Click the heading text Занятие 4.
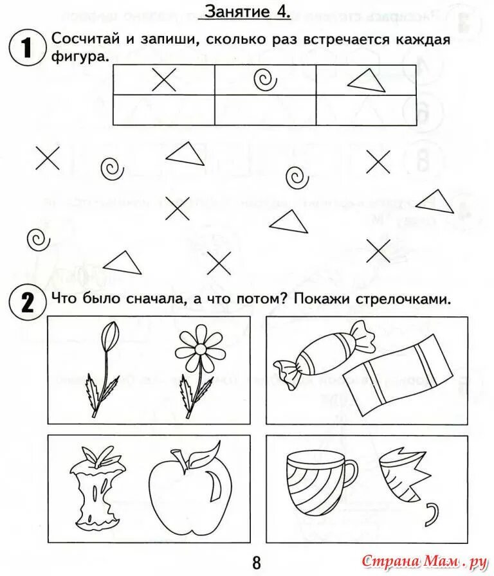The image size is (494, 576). (x=248, y=11)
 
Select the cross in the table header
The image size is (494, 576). (x=164, y=80)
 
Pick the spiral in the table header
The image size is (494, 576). (x=264, y=80)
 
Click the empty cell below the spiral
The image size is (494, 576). (x=265, y=110)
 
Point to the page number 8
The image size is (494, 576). (x=256, y=563)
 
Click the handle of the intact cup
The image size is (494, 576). (x=348, y=476)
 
